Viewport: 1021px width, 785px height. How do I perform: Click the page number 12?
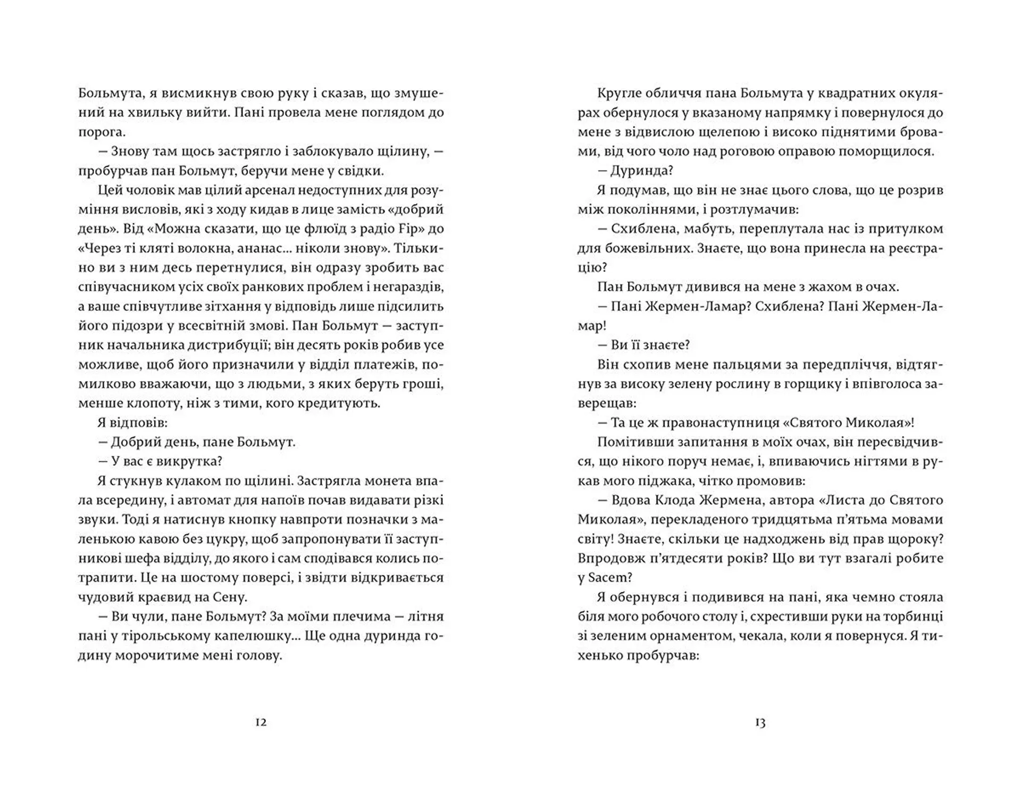tap(261, 722)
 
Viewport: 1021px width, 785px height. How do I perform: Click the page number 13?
tap(760, 722)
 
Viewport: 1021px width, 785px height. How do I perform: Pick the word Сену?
tap(230, 597)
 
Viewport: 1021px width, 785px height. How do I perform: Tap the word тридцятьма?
tap(786, 519)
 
